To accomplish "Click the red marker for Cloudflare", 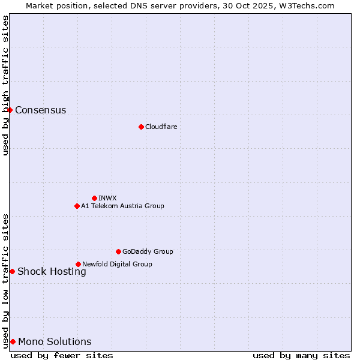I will [141, 127].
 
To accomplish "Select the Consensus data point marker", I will [10, 110].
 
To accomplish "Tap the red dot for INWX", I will [94, 198].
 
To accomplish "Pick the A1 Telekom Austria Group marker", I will [77, 206].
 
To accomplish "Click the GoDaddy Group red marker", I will [118, 251].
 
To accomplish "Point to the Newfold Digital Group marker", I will [78, 264].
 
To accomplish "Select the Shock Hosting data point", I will [12, 271].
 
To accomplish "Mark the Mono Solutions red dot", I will [13, 341].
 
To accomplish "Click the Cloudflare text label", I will [161, 127].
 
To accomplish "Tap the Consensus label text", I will [40, 110].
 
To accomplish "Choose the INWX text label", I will [107, 198].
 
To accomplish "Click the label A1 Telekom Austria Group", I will [122, 206].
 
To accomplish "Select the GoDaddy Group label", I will [148, 251].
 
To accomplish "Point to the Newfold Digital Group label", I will [117, 264].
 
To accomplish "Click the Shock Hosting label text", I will [52, 271].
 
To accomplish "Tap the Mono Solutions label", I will [55, 341].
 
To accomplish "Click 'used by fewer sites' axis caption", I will [62, 355].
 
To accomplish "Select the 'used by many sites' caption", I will [301, 355].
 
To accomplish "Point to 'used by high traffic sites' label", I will [5, 85].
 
